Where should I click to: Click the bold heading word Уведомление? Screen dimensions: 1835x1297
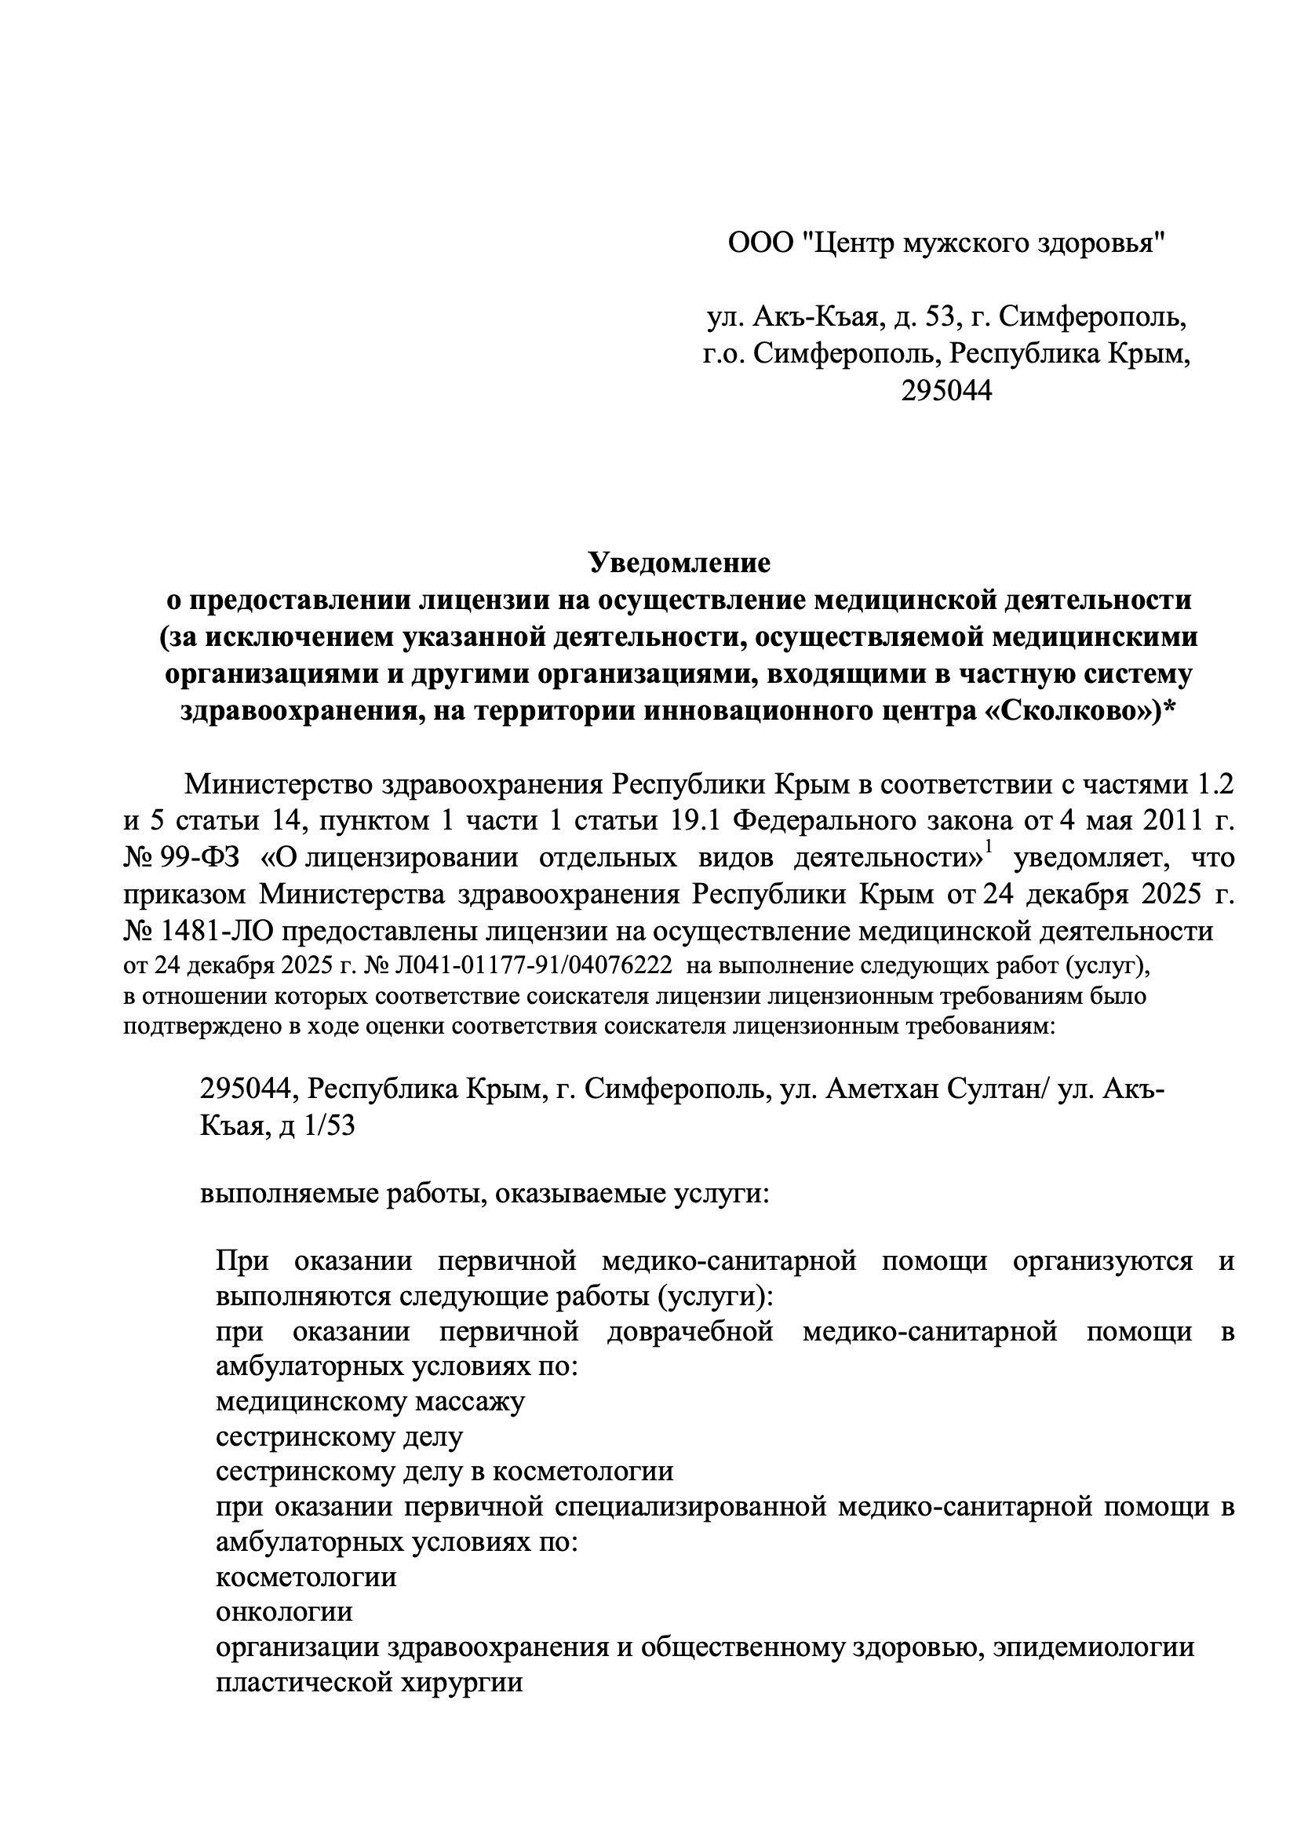[679, 564]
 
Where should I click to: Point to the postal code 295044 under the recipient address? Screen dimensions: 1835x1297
[946, 391]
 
